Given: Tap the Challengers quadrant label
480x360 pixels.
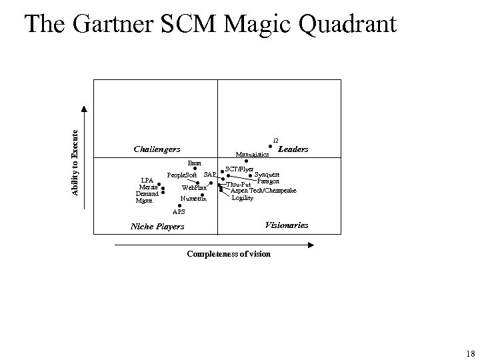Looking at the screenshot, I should [x=157, y=148].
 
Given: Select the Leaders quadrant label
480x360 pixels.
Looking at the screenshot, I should [x=293, y=149].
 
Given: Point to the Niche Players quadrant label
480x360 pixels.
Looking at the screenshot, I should [x=157, y=227].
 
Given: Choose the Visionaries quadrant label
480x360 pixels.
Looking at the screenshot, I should [x=287, y=225].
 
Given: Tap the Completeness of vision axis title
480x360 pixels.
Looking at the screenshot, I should [x=229, y=254].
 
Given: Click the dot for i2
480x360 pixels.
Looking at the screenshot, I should [x=270, y=147].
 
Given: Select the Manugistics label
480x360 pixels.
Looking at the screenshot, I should [x=253, y=155].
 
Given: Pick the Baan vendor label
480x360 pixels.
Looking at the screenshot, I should [x=195, y=162].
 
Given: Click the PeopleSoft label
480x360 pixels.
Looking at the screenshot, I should [x=181, y=175].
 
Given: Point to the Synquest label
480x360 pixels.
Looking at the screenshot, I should [x=267, y=175].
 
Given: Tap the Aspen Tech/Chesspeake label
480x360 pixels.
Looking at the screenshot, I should [x=263, y=191].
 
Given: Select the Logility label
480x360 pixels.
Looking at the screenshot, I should [x=243, y=198].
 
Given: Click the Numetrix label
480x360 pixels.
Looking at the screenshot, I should [x=194, y=199].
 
